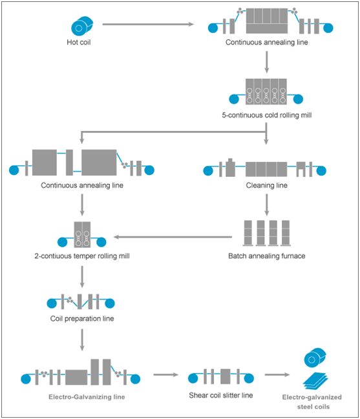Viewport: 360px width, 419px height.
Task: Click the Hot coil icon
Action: click(x=82, y=26)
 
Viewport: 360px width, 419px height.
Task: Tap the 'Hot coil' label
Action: click(x=79, y=42)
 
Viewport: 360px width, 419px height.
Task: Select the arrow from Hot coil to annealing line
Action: click(x=148, y=25)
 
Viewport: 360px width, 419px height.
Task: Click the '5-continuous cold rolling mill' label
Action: click(x=267, y=115)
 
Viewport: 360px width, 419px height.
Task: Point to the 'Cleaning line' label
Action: click(x=267, y=185)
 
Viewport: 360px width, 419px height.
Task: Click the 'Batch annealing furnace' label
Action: click(x=267, y=256)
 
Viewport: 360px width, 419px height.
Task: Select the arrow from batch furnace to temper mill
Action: click(x=173, y=237)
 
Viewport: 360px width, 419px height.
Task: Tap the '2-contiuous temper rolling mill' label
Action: click(x=82, y=256)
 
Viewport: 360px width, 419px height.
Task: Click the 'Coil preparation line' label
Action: click(x=82, y=318)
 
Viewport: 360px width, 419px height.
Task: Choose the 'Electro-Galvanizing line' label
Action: click(x=87, y=397)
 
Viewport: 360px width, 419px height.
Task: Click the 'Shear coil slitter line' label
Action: click(x=221, y=395)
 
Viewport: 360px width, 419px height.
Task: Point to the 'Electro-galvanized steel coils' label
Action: click(x=312, y=402)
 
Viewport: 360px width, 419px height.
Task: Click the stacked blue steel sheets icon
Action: click(x=315, y=380)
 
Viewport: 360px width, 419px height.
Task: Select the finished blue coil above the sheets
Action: click(x=315, y=358)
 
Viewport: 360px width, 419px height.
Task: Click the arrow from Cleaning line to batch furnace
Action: click(x=267, y=205)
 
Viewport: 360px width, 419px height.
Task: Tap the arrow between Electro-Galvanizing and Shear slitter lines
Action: click(x=166, y=374)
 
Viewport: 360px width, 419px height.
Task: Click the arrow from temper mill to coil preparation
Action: click(x=82, y=277)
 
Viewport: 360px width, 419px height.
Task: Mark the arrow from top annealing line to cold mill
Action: click(x=267, y=62)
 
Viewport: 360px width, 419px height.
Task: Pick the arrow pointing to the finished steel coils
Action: click(x=277, y=374)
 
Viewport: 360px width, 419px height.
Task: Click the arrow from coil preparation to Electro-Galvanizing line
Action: click(x=82, y=340)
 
